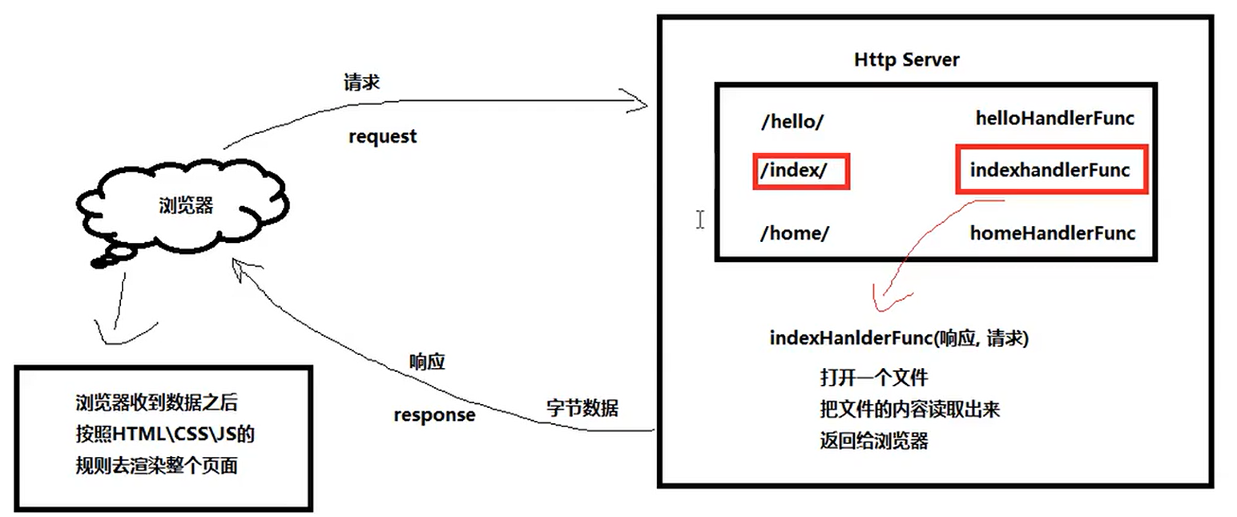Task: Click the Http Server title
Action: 906,59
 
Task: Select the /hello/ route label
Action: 792,123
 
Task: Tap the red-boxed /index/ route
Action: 800,171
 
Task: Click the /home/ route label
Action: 795,233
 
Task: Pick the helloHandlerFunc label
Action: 1054,119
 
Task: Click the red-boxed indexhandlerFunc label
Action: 1050,170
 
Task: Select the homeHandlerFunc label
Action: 1052,233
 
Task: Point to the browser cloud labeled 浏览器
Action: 186,206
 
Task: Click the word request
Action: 382,136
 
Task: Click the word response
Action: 433,415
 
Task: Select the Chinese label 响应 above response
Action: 426,361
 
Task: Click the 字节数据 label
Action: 582,407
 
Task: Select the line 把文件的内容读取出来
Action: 909,410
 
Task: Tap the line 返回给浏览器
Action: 873,441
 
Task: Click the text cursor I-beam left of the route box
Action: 699,220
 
